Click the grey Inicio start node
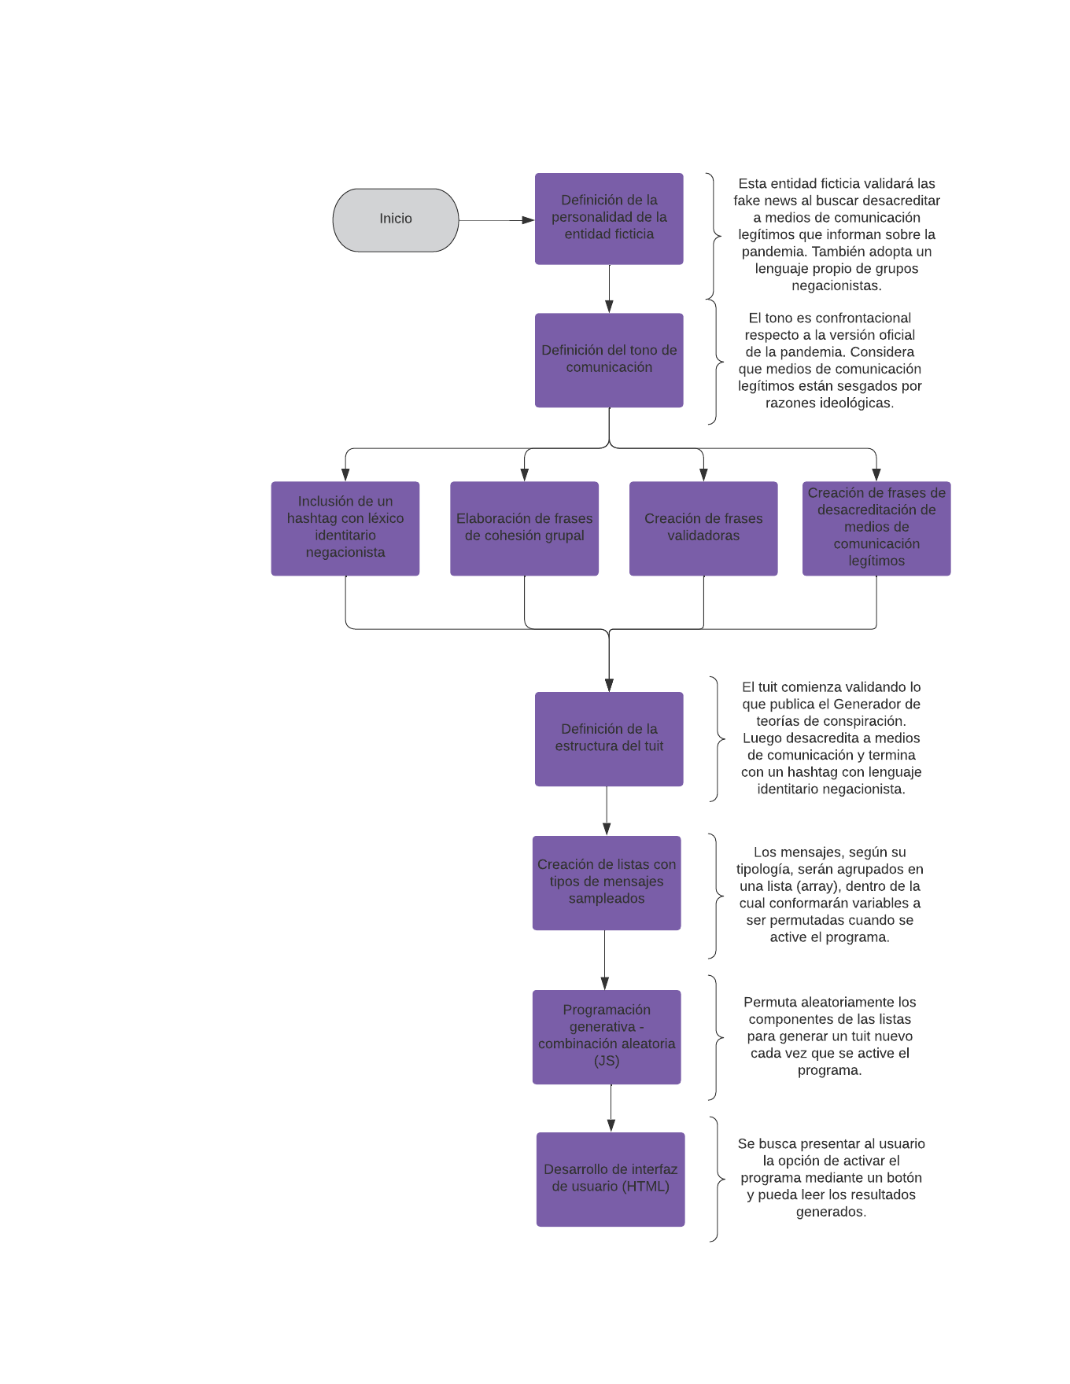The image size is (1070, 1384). tap(396, 220)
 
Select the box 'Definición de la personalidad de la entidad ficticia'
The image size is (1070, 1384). tap(609, 219)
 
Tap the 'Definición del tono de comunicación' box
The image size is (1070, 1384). tap(609, 360)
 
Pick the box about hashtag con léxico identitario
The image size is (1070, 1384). tap(345, 528)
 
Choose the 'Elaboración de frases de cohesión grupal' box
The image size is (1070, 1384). tap(524, 528)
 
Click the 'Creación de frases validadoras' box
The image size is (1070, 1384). tap(703, 528)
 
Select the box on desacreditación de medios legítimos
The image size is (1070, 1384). tap(876, 528)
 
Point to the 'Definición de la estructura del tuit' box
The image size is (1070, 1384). tap(609, 739)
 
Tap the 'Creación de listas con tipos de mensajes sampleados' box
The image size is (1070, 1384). tap(607, 883)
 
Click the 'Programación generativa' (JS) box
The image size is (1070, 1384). tap(607, 1037)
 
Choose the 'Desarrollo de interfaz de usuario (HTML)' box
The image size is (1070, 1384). tap(611, 1180)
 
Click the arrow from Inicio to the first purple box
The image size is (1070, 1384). tap(496, 220)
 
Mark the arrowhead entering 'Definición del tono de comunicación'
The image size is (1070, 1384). tap(609, 307)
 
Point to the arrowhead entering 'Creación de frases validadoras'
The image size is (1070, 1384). tap(703, 475)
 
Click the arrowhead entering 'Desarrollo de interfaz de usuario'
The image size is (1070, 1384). tap(611, 1125)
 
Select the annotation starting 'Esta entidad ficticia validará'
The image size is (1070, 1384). tap(836, 234)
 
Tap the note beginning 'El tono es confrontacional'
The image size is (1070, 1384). tap(830, 360)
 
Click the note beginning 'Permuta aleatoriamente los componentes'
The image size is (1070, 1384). tap(830, 1036)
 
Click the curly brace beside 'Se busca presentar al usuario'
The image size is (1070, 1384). tap(717, 1180)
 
